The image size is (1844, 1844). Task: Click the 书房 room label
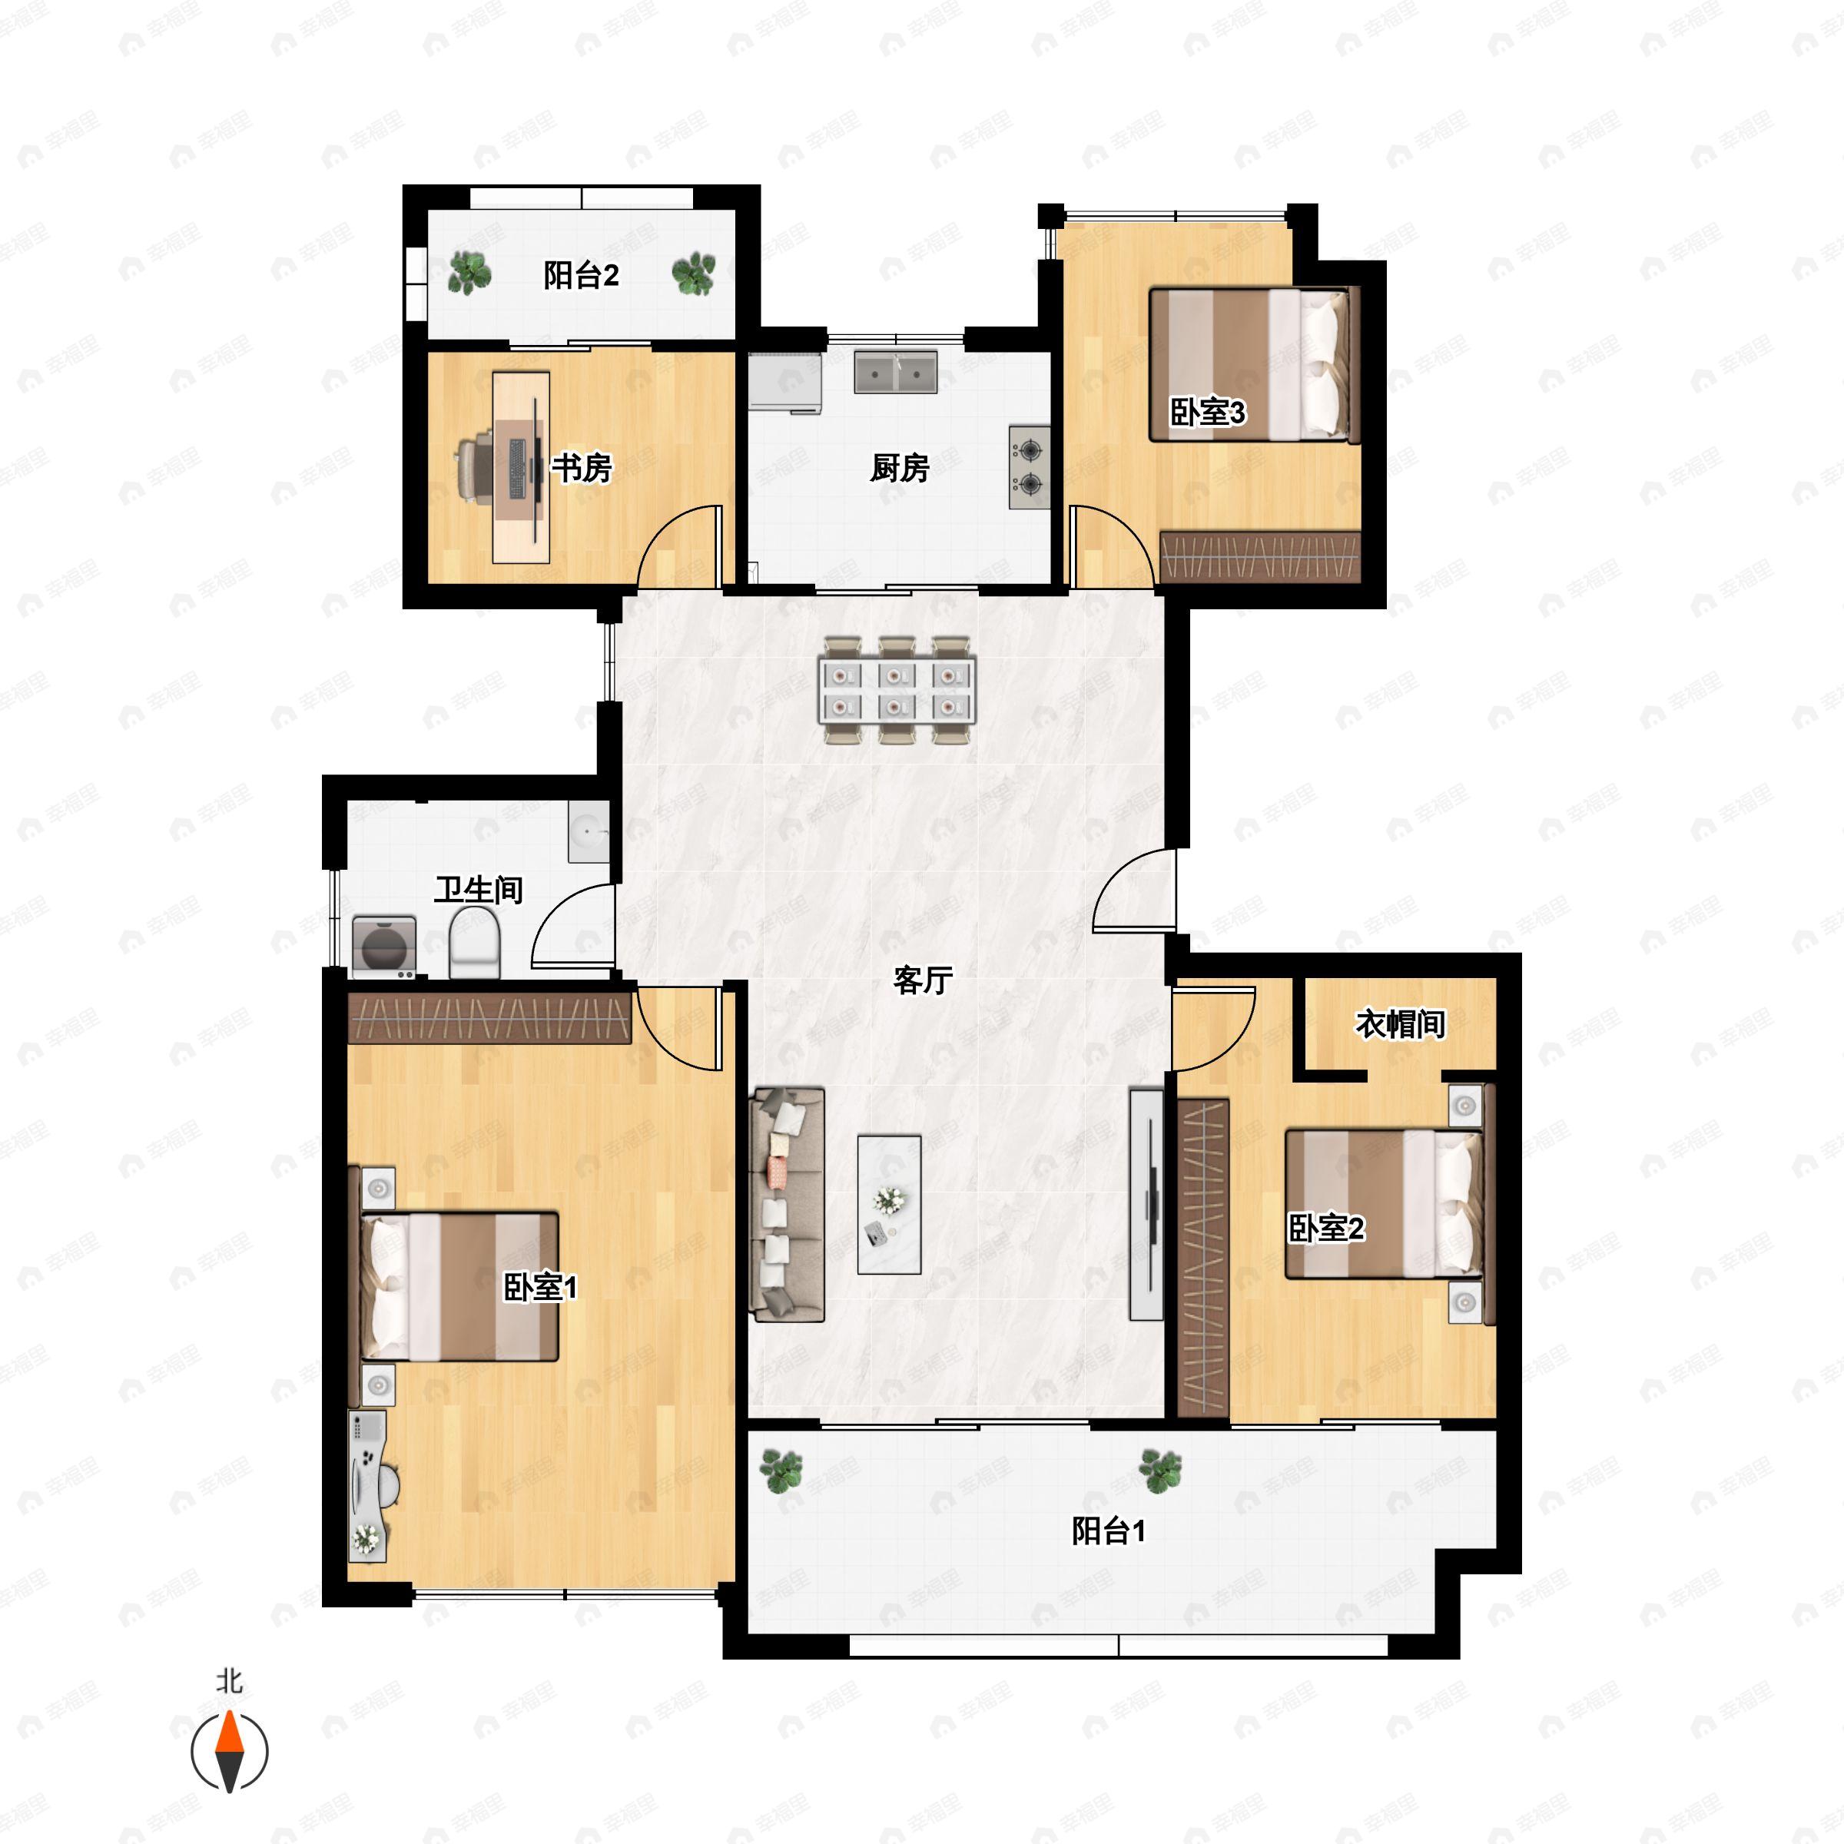tap(582, 468)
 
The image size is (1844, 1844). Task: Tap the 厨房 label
tap(899, 468)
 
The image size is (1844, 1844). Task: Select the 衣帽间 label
tap(1400, 1024)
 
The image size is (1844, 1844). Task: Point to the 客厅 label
tap(923, 980)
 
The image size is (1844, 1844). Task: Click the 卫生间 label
tap(479, 890)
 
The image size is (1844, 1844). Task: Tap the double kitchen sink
tap(895, 372)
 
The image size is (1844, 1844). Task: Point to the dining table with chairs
tap(897, 690)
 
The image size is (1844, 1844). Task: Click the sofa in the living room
tap(788, 1203)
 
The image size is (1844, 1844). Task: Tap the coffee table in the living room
tap(889, 1205)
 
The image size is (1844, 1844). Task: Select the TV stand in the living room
tap(1146, 1205)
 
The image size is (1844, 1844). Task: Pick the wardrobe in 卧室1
tap(489, 1018)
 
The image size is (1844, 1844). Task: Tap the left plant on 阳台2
tap(469, 273)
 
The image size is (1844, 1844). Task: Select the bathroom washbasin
tap(588, 831)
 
